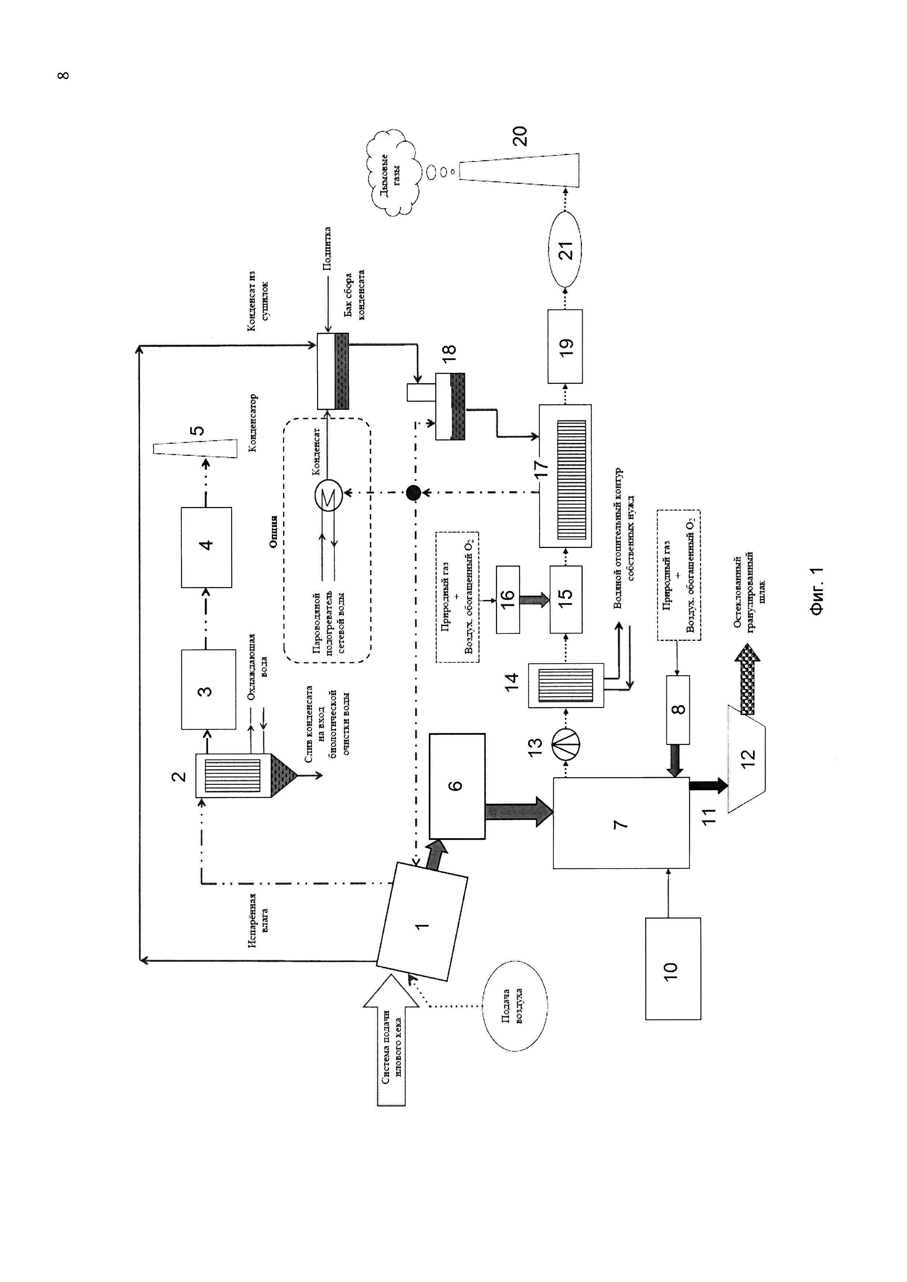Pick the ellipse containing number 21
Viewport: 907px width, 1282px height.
point(565,250)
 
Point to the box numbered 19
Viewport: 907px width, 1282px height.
point(565,346)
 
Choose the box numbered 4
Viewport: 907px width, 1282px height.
point(207,547)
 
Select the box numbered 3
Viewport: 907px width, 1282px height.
point(208,689)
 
